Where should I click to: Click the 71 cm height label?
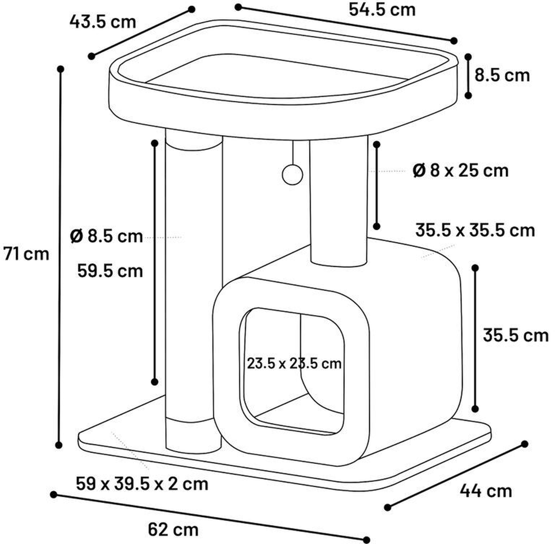pyautogui.click(x=26, y=254)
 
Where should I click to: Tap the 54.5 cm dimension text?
pyautogui.click(x=382, y=10)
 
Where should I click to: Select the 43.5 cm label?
pyautogui.click(x=103, y=22)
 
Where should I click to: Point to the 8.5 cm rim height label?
pyautogui.click(x=502, y=76)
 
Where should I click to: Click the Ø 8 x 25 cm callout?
pyautogui.click(x=461, y=171)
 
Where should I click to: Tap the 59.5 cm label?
pyautogui.click(x=110, y=271)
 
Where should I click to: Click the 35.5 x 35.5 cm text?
pyautogui.click(x=475, y=231)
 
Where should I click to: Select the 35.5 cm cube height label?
pyautogui.click(x=516, y=335)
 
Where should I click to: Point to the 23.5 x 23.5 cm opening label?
pyautogui.click(x=294, y=364)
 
